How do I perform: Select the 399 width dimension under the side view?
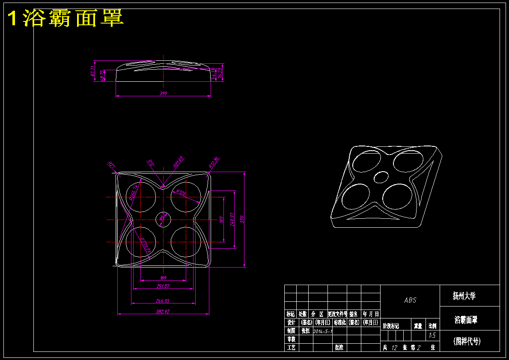point(163,93)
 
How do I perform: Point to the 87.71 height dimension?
point(92,70)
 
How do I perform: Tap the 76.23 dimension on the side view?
point(220,73)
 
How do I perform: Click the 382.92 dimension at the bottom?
point(163,311)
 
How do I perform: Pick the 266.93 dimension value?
point(163,300)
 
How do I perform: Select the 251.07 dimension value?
point(163,286)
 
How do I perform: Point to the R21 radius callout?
point(110,165)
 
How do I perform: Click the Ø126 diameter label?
point(180,193)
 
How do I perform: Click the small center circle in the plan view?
point(163,219)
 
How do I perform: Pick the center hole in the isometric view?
point(381,176)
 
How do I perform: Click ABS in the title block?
point(410,300)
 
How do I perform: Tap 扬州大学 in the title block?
point(464,296)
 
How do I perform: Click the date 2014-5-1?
point(323,331)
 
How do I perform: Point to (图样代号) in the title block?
point(467,341)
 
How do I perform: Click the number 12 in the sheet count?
point(395,348)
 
